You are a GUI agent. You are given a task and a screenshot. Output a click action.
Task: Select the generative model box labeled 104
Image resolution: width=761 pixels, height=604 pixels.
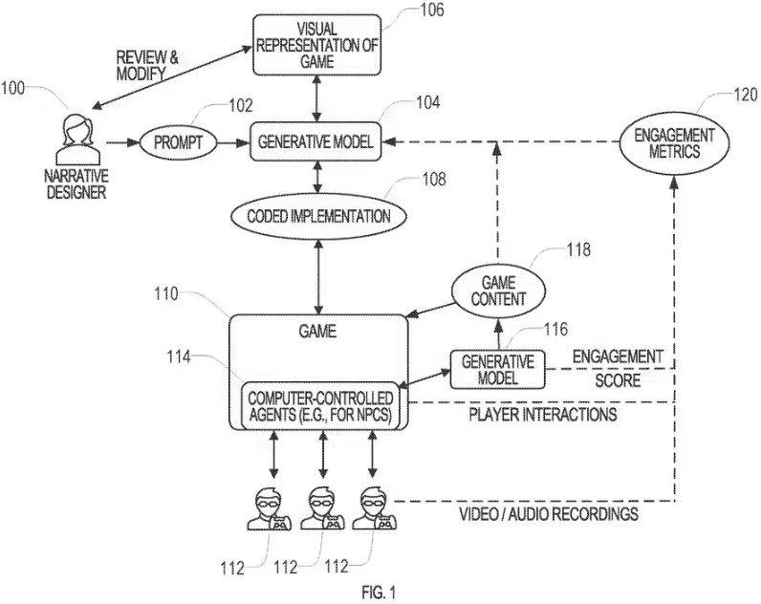click(314, 142)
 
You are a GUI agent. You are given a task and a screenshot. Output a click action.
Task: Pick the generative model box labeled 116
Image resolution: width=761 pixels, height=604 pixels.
click(497, 368)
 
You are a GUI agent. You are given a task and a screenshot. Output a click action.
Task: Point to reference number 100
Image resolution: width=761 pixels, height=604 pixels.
click(13, 90)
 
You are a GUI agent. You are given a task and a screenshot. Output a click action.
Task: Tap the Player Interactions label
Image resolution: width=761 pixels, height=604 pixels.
click(541, 415)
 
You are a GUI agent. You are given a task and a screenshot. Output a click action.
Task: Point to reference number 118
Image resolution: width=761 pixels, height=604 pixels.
click(576, 250)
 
